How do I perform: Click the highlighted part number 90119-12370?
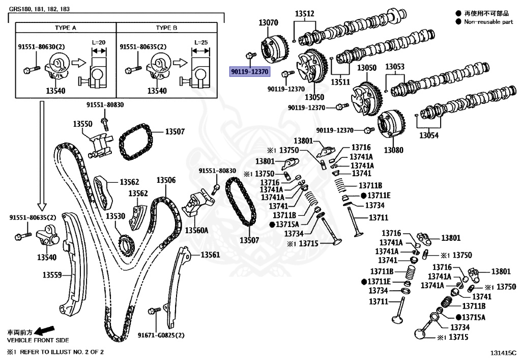[250, 72]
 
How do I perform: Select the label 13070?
[268, 23]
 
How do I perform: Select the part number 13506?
[166, 180]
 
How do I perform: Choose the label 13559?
[51, 275]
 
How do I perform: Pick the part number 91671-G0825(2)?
[161, 336]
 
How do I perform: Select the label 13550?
[82, 124]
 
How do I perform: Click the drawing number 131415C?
[503, 352]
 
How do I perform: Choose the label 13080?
[393, 150]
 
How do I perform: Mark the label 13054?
[428, 135]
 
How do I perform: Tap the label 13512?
[305, 14]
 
